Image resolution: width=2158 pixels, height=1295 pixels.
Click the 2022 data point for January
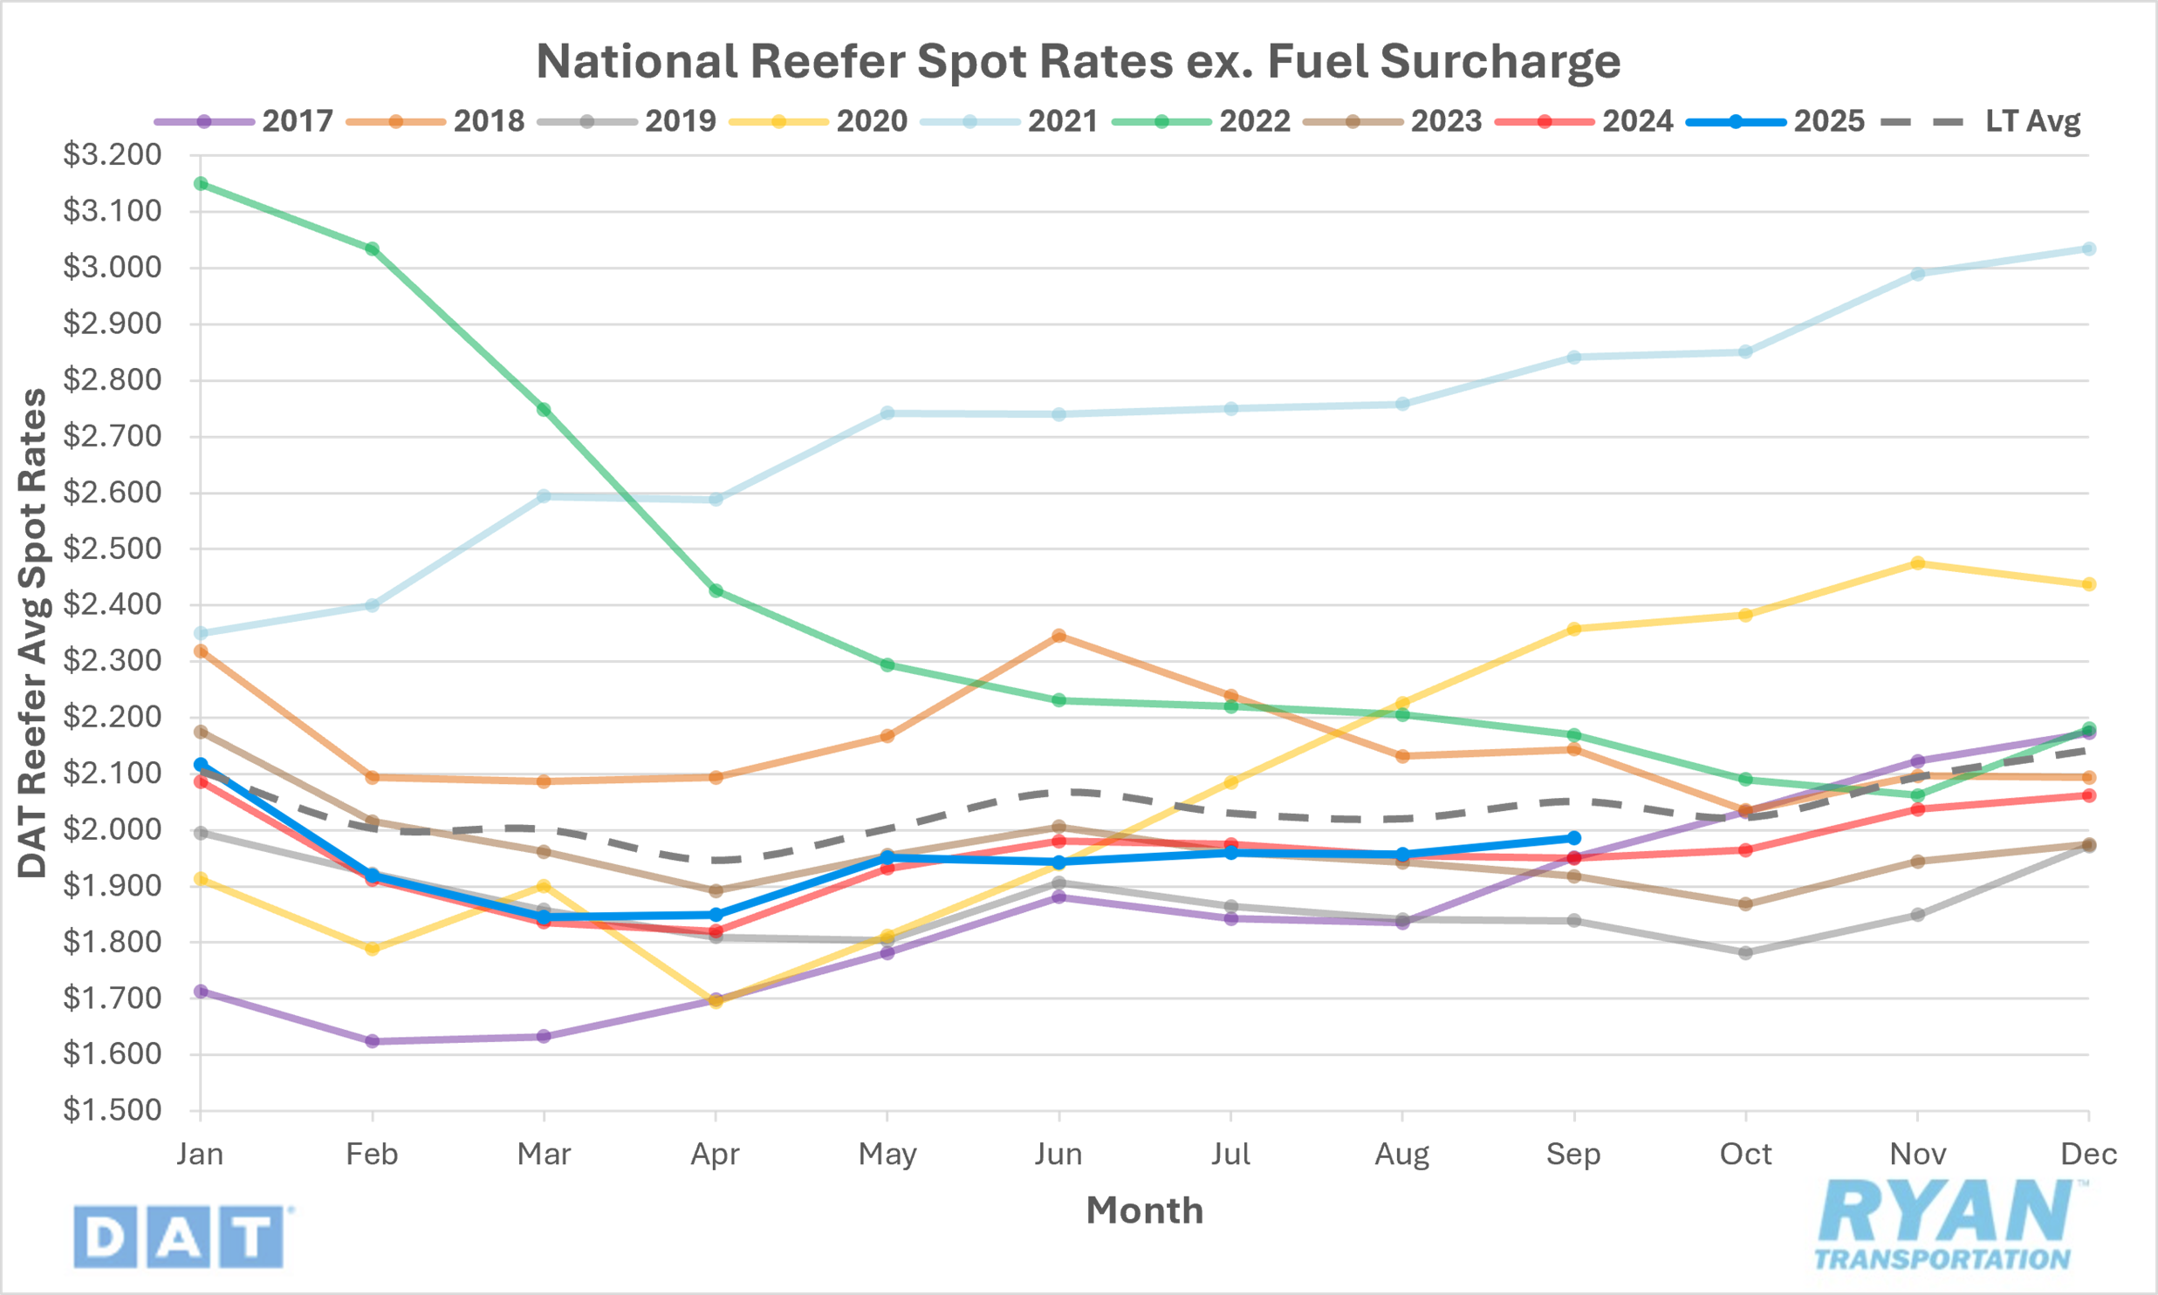pos(201,183)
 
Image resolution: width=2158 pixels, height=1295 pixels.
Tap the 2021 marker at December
pos(2089,249)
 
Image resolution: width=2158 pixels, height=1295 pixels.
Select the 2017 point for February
pos(373,1041)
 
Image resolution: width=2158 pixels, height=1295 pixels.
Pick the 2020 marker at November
pos(1918,562)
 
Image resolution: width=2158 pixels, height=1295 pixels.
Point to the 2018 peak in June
pos(1058,635)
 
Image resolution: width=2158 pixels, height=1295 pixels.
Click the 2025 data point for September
pos(1574,838)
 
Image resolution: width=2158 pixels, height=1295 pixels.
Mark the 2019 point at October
pos(1746,953)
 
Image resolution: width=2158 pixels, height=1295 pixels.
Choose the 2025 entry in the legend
pos(1829,121)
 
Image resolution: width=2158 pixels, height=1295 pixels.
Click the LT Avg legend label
pos(2033,121)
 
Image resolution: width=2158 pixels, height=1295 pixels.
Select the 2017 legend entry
pos(297,121)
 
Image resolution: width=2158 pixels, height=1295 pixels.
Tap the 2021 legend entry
pos(1062,121)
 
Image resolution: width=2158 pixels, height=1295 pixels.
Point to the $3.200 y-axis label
pos(113,154)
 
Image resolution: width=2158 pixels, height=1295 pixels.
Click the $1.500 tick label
pos(113,1110)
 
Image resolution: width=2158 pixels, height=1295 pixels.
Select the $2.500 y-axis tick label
pos(113,549)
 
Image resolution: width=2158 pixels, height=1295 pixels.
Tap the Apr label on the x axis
pos(715,1155)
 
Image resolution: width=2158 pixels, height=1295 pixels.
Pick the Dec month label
pos(2088,1155)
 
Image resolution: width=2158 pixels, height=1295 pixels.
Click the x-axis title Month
pos(1145,1211)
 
